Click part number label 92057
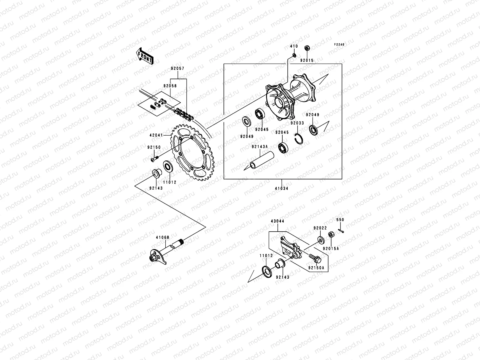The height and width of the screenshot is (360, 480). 178,69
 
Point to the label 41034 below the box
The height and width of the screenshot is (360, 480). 282,189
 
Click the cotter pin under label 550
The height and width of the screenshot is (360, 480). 340,230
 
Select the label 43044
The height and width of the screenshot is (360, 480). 277,221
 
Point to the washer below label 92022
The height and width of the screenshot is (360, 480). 320,240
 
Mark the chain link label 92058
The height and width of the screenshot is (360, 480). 170,86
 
